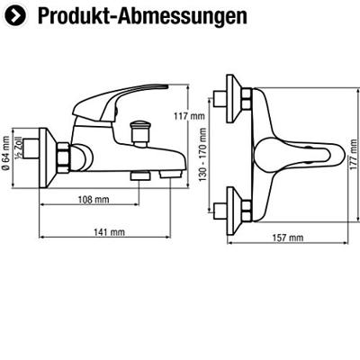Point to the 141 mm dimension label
109,233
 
